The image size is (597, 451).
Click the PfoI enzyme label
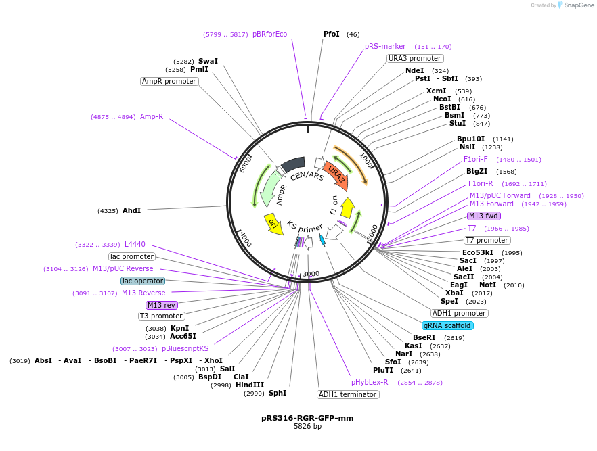[332, 34]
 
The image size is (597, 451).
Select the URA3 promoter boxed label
[415, 58]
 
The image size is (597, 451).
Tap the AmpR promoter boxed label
[169, 81]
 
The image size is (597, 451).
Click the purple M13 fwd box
[484, 216]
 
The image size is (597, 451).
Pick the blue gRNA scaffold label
[447, 325]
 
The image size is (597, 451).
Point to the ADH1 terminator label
[348, 394]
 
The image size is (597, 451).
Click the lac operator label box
[143, 281]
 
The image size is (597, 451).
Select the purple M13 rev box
[162, 305]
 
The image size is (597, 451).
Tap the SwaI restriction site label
[208, 61]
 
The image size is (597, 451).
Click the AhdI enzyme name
[131, 210]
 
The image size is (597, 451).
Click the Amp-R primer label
[152, 116]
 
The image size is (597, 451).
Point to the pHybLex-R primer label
[370, 382]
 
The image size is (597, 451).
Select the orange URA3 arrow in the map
[336, 174]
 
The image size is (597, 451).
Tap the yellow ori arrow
[274, 223]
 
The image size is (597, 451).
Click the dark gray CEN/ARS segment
[294, 164]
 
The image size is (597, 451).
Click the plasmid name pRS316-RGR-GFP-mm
[307, 418]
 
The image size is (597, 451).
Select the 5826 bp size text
[307, 427]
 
